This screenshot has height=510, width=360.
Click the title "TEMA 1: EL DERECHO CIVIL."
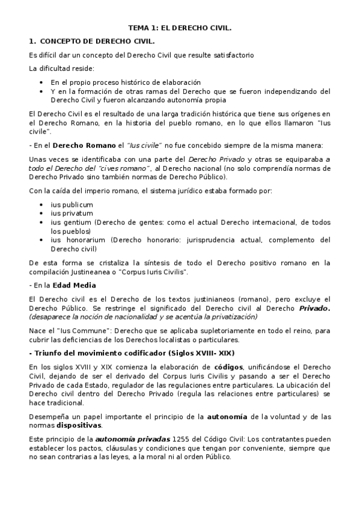point(180,28)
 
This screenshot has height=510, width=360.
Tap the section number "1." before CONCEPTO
point(33,41)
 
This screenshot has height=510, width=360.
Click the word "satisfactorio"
point(233,55)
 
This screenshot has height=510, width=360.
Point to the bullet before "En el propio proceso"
point(40,82)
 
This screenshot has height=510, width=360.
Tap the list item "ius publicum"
point(72,204)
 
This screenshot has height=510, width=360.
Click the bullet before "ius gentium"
point(40,222)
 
